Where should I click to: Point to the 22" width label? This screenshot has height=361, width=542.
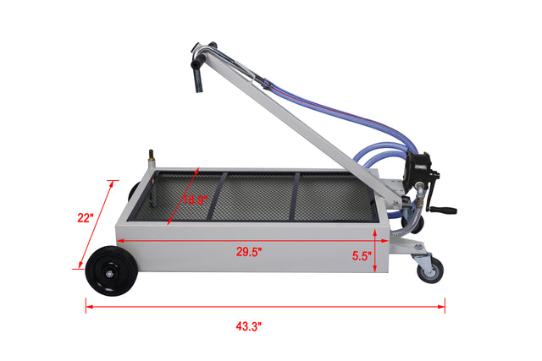(84, 217)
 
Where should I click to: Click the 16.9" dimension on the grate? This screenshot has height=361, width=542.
(196, 200)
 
